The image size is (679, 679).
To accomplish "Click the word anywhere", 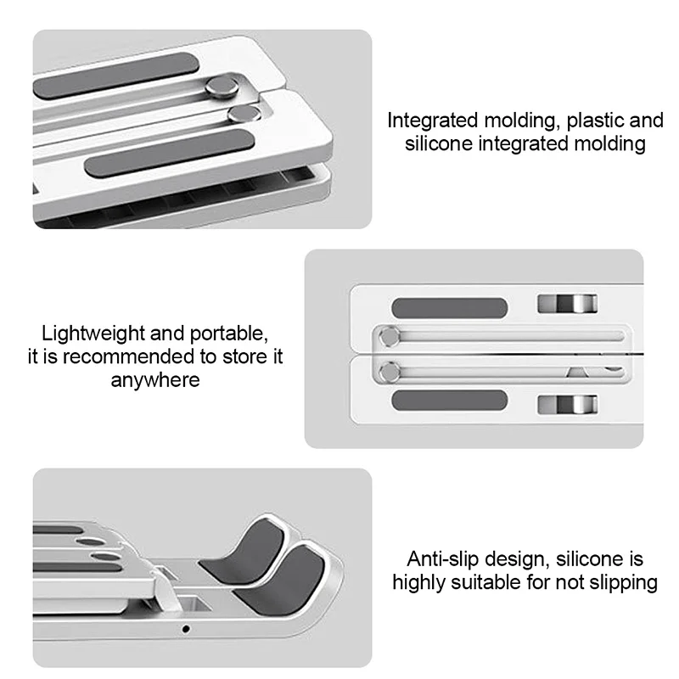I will (155, 379).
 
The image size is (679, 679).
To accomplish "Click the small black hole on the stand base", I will (186, 630).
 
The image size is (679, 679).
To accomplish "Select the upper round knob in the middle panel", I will (390, 336).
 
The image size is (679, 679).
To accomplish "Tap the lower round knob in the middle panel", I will (390, 369).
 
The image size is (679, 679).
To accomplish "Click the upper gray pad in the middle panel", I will (450, 306).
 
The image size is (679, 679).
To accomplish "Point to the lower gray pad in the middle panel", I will (450, 401).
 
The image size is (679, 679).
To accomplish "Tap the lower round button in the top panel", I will (241, 115).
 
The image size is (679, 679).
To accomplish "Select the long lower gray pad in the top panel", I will (170, 149).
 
